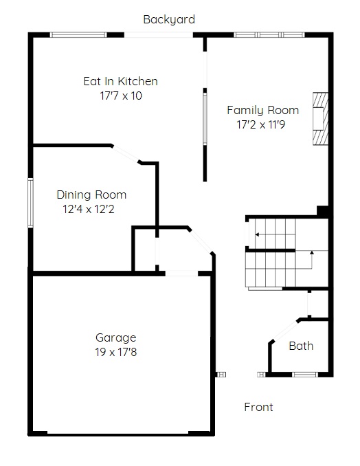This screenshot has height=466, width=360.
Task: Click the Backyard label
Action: (x=169, y=20)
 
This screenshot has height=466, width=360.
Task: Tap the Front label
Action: (x=258, y=407)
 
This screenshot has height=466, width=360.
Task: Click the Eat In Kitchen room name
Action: (x=120, y=81)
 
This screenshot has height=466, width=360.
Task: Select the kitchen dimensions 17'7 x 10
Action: (x=121, y=96)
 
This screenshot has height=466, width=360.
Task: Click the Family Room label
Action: (x=263, y=110)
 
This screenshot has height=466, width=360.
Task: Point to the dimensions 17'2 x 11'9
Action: (x=261, y=124)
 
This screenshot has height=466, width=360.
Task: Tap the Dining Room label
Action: (x=91, y=195)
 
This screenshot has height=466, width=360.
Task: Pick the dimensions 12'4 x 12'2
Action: (x=89, y=209)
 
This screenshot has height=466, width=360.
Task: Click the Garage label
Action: (x=116, y=338)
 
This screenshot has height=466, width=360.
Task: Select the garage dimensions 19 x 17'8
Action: (x=116, y=352)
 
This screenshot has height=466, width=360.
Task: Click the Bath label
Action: (x=301, y=346)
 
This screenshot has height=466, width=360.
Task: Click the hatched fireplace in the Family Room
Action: (x=320, y=119)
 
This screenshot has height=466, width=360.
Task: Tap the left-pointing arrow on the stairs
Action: (x=275, y=234)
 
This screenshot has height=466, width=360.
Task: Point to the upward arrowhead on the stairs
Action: (x=312, y=253)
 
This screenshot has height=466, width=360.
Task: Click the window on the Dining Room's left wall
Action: (x=30, y=203)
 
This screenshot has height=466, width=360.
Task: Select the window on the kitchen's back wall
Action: (x=78, y=35)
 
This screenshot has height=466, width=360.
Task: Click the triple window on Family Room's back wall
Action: (x=269, y=35)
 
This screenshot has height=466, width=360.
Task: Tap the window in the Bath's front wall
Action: (x=305, y=375)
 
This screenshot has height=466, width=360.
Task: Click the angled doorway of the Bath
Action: (x=285, y=331)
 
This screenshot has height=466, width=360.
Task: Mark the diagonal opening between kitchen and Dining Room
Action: (x=125, y=154)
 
